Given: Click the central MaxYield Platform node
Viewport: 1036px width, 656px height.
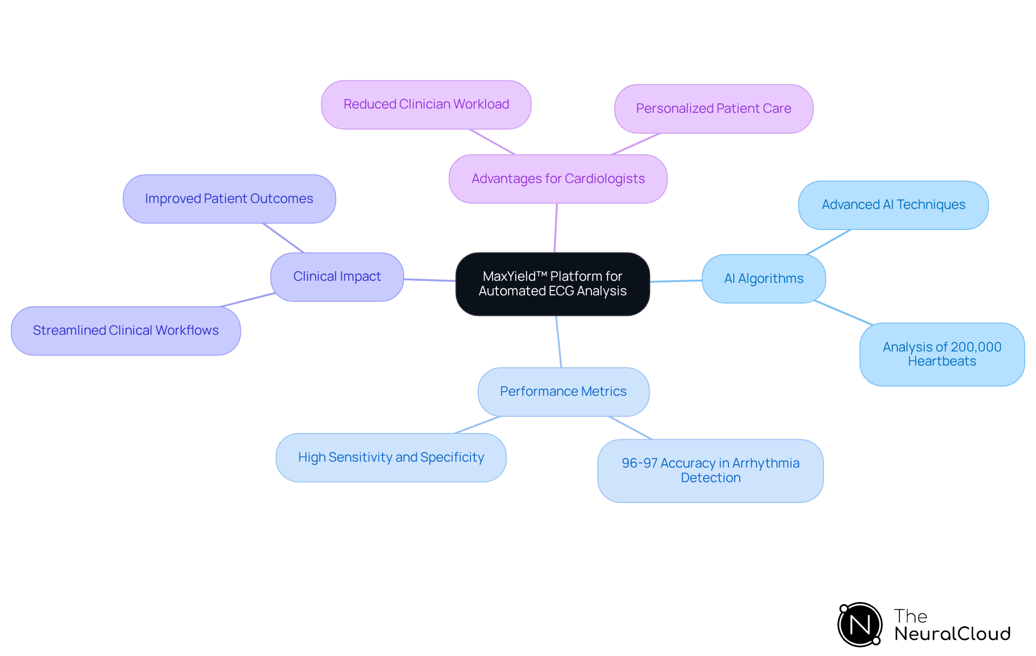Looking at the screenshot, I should coord(553,284).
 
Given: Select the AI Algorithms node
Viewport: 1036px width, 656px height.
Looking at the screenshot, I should coord(764,279).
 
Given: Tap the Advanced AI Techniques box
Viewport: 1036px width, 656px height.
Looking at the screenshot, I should coord(893,205).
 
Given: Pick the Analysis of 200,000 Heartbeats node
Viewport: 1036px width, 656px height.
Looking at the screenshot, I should coord(942,354).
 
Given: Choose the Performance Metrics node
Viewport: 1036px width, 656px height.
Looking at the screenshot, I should coord(563,391).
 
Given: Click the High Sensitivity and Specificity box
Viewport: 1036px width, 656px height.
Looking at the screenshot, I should coord(391,457).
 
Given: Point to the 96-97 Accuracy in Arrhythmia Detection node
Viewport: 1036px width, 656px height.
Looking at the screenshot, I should coord(710,470).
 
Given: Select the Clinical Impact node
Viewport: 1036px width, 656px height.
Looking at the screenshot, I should coord(337,276).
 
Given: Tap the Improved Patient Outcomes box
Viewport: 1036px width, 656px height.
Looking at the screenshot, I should coord(229,199).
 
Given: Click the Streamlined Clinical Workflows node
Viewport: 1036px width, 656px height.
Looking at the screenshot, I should coord(126,330).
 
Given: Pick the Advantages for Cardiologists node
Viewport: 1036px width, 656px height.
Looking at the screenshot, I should coord(558,179).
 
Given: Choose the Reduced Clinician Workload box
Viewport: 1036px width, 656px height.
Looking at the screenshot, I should coord(426,104).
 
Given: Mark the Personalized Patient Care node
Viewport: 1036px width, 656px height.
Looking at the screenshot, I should coord(713,109).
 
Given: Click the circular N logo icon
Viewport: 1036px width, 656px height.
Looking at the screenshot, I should coord(860,625).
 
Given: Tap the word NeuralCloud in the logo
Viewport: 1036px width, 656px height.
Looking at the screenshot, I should coord(952,634).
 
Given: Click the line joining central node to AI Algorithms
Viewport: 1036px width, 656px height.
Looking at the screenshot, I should coord(676,281).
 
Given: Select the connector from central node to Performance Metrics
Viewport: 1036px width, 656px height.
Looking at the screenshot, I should coord(559,342).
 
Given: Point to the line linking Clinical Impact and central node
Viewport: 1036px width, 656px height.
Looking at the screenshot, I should coord(430,280).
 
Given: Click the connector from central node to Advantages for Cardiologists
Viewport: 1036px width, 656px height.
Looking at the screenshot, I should coord(556,228).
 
